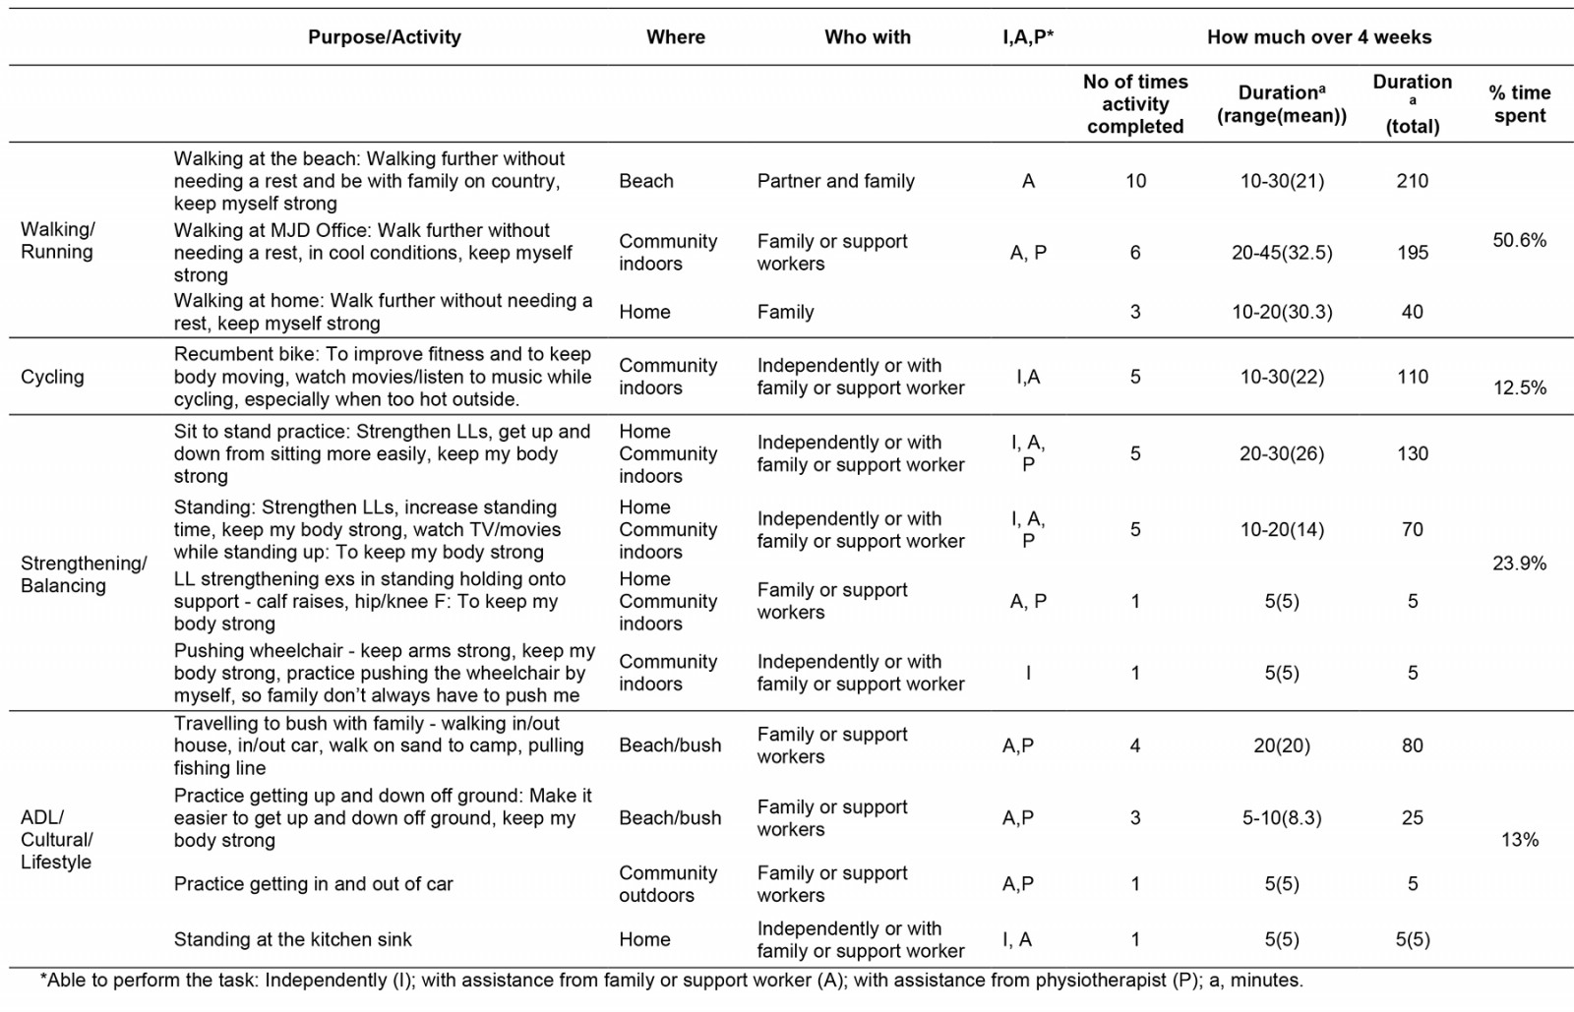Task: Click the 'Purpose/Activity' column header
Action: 384,37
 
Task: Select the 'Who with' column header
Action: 867,37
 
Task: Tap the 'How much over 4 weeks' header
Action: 1318,37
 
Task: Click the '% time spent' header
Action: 1519,103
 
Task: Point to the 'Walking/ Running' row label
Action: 58,240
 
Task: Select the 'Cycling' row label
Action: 52,377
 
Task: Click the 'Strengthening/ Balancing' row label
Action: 84,574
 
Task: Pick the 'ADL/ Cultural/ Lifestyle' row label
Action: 57,839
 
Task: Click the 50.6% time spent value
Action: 1519,240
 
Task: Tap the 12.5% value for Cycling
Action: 1519,387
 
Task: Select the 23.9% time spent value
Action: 1519,564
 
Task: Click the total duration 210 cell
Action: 1412,181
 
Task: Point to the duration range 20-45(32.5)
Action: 1282,253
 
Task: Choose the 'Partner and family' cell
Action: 835,181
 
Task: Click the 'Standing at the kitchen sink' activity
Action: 292,939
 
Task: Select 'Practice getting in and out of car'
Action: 313,883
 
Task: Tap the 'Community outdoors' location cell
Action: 667,883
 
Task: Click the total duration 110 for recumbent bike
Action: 1412,377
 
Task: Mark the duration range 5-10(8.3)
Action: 1282,817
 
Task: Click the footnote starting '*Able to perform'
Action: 671,981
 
